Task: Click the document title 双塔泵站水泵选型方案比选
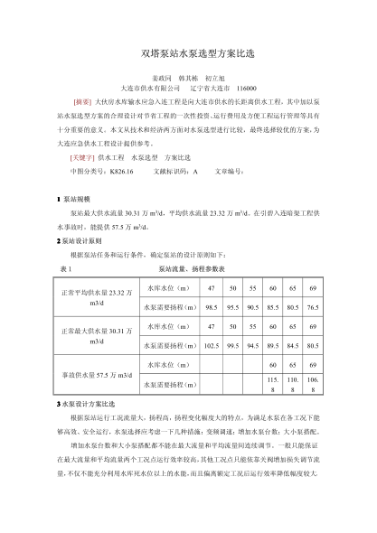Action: pos(188,55)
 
